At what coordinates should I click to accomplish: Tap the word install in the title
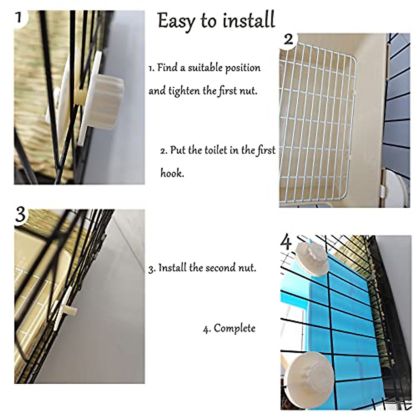click(249, 20)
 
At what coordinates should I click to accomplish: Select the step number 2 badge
click(288, 40)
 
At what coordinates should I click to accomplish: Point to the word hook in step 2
click(172, 173)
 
